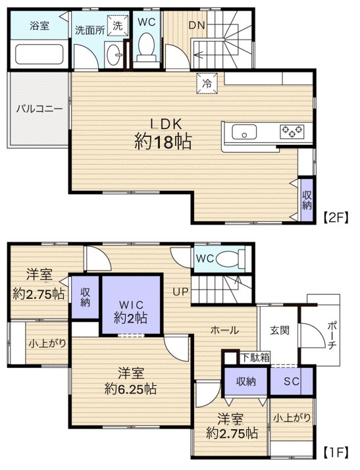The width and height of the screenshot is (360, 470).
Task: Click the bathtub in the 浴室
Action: pyautogui.click(x=39, y=55)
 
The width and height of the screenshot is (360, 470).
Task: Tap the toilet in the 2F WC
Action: pyautogui.click(x=146, y=49)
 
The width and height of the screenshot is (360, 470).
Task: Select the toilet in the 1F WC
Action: pyautogui.click(x=230, y=259)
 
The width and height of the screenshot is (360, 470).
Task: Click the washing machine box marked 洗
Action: pyautogui.click(x=118, y=25)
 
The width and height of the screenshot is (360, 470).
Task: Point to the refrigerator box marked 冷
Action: pyautogui.click(x=207, y=84)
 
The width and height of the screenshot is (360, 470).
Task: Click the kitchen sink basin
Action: pyautogui.click(x=244, y=132)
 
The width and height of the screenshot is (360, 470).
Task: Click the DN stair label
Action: pyautogui.click(x=197, y=25)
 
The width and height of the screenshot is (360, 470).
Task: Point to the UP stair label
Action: pyautogui.click(x=181, y=292)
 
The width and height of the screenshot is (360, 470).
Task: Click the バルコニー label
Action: pyautogui.click(x=39, y=109)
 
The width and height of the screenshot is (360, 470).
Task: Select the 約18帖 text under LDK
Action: pyautogui.click(x=163, y=142)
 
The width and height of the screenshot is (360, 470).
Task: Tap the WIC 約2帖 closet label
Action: pyautogui.click(x=131, y=311)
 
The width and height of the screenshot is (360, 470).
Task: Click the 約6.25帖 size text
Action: pyautogui.click(x=131, y=389)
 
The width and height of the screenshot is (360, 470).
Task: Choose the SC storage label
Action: pyautogui.click(x=292, y=381)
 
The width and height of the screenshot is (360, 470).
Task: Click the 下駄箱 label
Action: pyautogui.click(x=256, y=357)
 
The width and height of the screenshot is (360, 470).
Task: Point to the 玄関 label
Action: pyautogui.click(x=279, y=330)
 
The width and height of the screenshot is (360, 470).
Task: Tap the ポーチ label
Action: pyautogui.click(x=332, y=335)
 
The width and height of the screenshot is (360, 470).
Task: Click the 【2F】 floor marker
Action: pyautogui.click(x=336, y=217)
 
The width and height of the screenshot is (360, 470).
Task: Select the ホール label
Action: pyautogui.click(x=225, y=330)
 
